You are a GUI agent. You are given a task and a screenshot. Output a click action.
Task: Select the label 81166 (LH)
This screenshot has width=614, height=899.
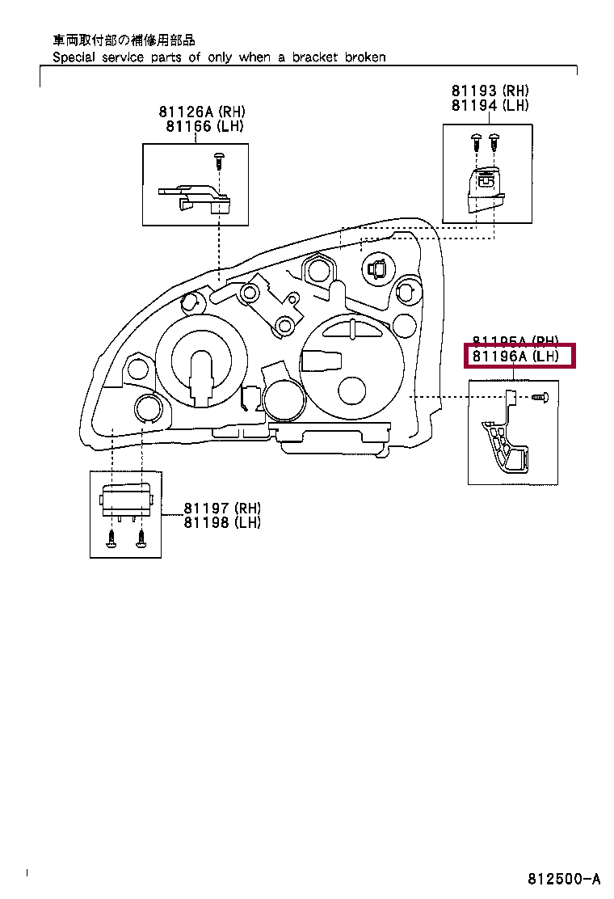pos(204,126)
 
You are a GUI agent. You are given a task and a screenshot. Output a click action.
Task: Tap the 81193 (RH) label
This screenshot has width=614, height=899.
pos(490,91)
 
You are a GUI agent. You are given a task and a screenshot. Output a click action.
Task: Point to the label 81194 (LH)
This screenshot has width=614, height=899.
pos(490,106)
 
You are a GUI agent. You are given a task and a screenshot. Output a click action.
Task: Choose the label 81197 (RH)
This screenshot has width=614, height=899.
pos(222,508)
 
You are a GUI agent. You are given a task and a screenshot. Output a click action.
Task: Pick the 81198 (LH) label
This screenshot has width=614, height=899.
pos(222,522)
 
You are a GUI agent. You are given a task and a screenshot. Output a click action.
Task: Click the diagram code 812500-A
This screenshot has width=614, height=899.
pos(565,879)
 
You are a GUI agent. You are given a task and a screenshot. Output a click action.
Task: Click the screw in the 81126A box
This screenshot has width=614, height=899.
pos(218,159)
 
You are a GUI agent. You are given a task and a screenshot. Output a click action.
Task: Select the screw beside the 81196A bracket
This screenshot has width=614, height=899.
pos(540,397)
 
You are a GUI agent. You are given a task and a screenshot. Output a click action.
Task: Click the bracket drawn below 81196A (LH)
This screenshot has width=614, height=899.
pos(506,441)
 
